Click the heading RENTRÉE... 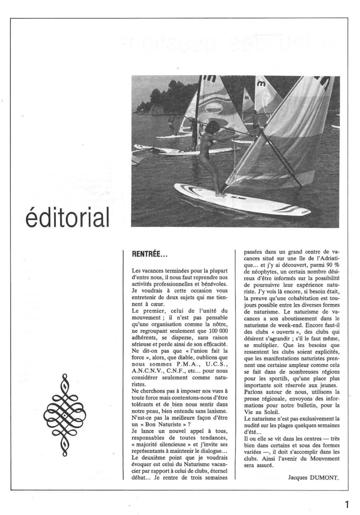point(149,253)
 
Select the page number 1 point(347,505)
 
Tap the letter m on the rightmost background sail point(261,84)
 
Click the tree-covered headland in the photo point(163,96)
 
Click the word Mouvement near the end point(323,458)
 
